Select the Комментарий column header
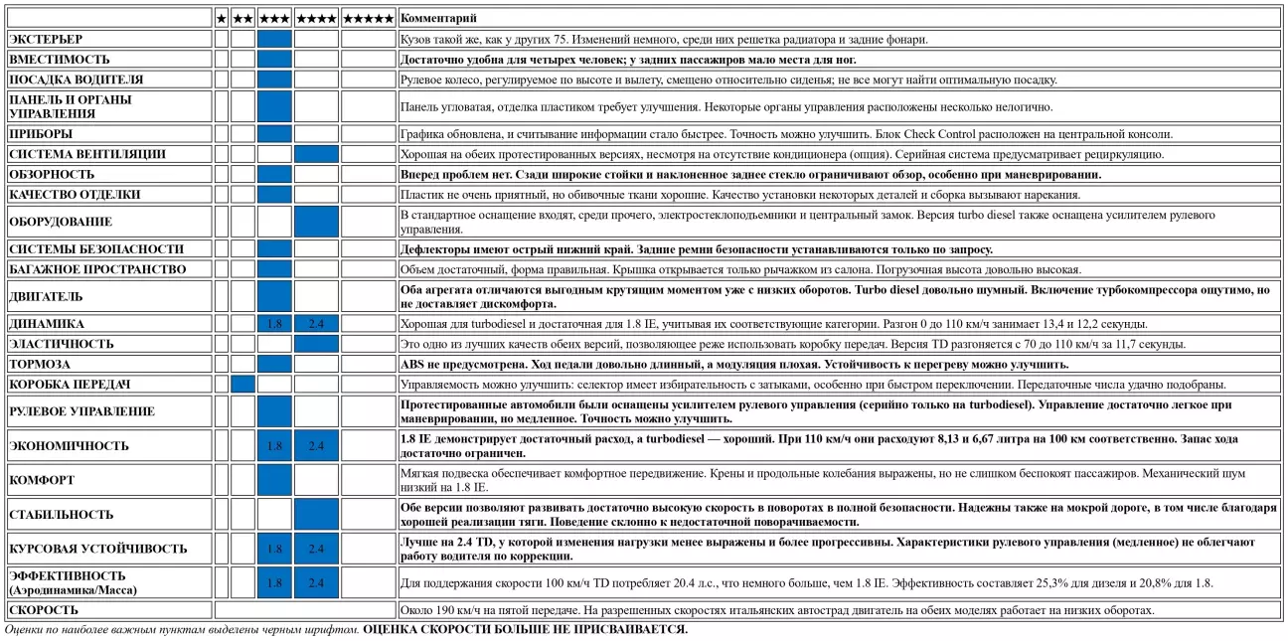pyautogui.click(x=438, y=18)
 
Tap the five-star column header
pyautogui.click(x=368, y=18)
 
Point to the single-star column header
pyautogui.click(x=221, y=18)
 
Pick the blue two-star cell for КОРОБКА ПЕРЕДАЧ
pyautogui.click(x=242, y=384)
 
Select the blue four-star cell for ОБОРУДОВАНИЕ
pyautogui.click(x=316, y=222)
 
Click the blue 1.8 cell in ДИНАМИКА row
pyautogui.click(x=274, y=324)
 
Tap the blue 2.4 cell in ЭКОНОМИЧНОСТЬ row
pyautogui.click(x=316, y=446)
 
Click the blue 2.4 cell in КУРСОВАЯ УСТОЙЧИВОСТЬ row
pyautogui.click(x=316, y=549)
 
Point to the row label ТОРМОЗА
pyautogui.click(x=40, y=364)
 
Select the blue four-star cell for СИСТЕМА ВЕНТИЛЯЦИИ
pyautogui.click(x=316, y=154)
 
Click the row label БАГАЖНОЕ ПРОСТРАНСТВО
pyautogui.click(x=96, y=269)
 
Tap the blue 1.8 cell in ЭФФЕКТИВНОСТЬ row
pyautogui.click(x=274, y=583)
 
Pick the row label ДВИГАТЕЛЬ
pyautogui.click(x=46, y=296)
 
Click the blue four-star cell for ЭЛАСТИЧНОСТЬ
pyautogui.click(x=316, y=344)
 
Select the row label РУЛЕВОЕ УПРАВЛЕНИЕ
pyautogui.click(x=81, y=411)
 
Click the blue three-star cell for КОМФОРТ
pyautogui.click(x=274, y=480)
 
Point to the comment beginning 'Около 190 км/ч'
pyautogui.click(x=775, y=610)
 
